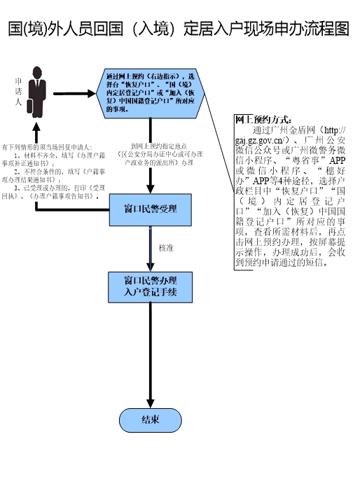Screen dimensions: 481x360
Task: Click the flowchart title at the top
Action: [179, 29]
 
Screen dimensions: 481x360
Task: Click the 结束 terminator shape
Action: [151, 419]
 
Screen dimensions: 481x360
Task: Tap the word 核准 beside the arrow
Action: [166, 248]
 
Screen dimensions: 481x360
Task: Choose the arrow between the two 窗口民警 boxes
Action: [151, 249]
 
